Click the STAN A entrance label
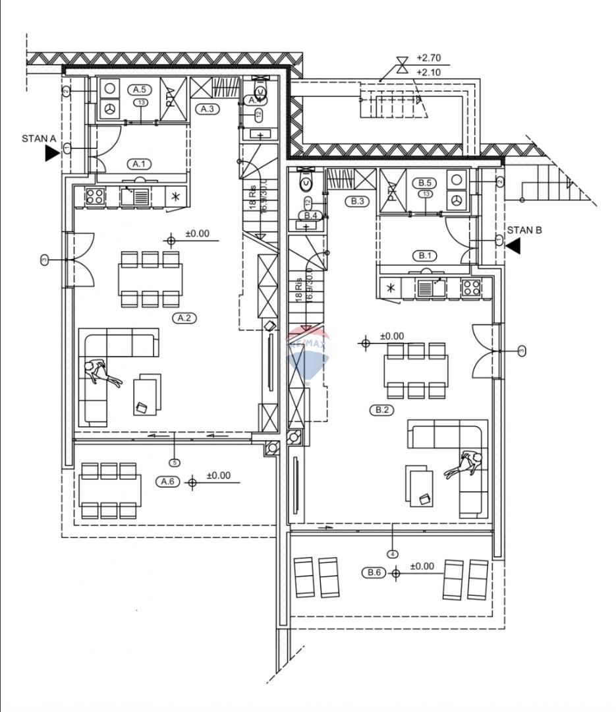(39, 138)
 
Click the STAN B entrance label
(524, 230)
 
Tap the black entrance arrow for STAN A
(51, 154)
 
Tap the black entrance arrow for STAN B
(513, 246)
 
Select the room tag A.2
(185, 318)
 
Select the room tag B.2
(382, 409)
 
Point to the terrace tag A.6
(168, 482)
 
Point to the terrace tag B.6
(374, 573)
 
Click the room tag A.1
(139, 163)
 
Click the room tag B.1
(424, 255)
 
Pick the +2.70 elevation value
(428, 59)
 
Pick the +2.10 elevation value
(428, 73)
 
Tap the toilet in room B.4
(307, 179)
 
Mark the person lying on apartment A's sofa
(100, 372)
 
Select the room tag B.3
(358, 201)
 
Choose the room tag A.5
(139, 89)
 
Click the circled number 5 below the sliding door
(175, 462)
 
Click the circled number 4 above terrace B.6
(393, 554)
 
